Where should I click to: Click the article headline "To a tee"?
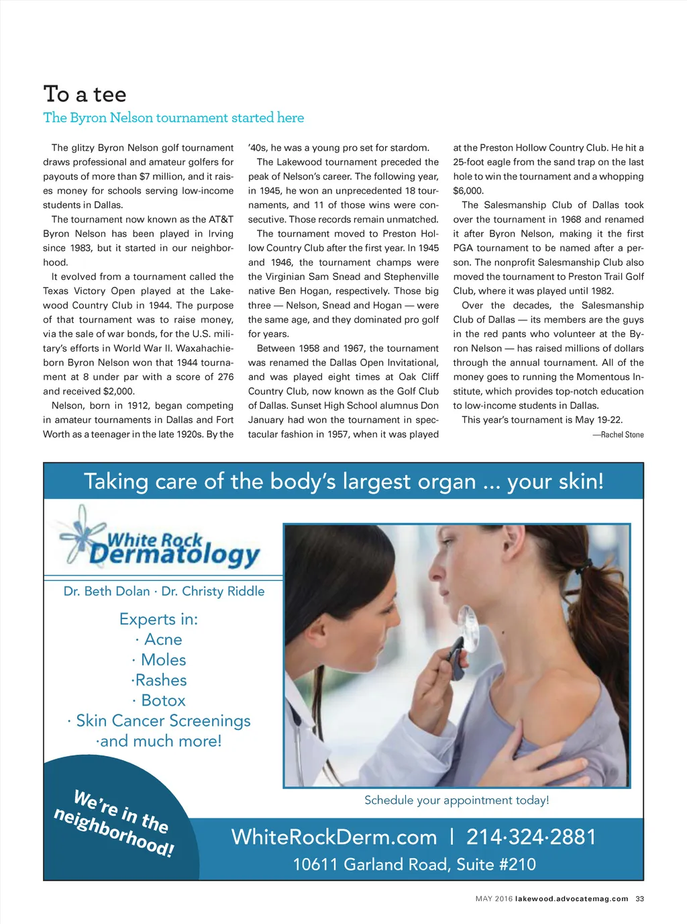point(85,95)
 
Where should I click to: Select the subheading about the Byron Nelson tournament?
point(173,118)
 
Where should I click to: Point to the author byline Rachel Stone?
point(618,435)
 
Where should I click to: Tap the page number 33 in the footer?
point(639,899)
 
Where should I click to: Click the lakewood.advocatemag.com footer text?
point(572,899)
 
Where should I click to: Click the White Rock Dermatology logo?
point(161,539)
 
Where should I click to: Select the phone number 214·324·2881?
point(531,837)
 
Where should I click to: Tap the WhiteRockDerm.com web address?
point(334,837)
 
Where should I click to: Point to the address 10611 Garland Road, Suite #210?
point(414,865)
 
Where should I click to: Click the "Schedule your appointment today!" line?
point(456,800)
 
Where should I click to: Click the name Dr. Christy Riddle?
point(213,592)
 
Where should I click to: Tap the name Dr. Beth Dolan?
point(107,592)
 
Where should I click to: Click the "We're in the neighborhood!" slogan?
point(115,823)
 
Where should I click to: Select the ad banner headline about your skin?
point(343,481)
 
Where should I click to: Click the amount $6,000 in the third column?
point(468,191)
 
